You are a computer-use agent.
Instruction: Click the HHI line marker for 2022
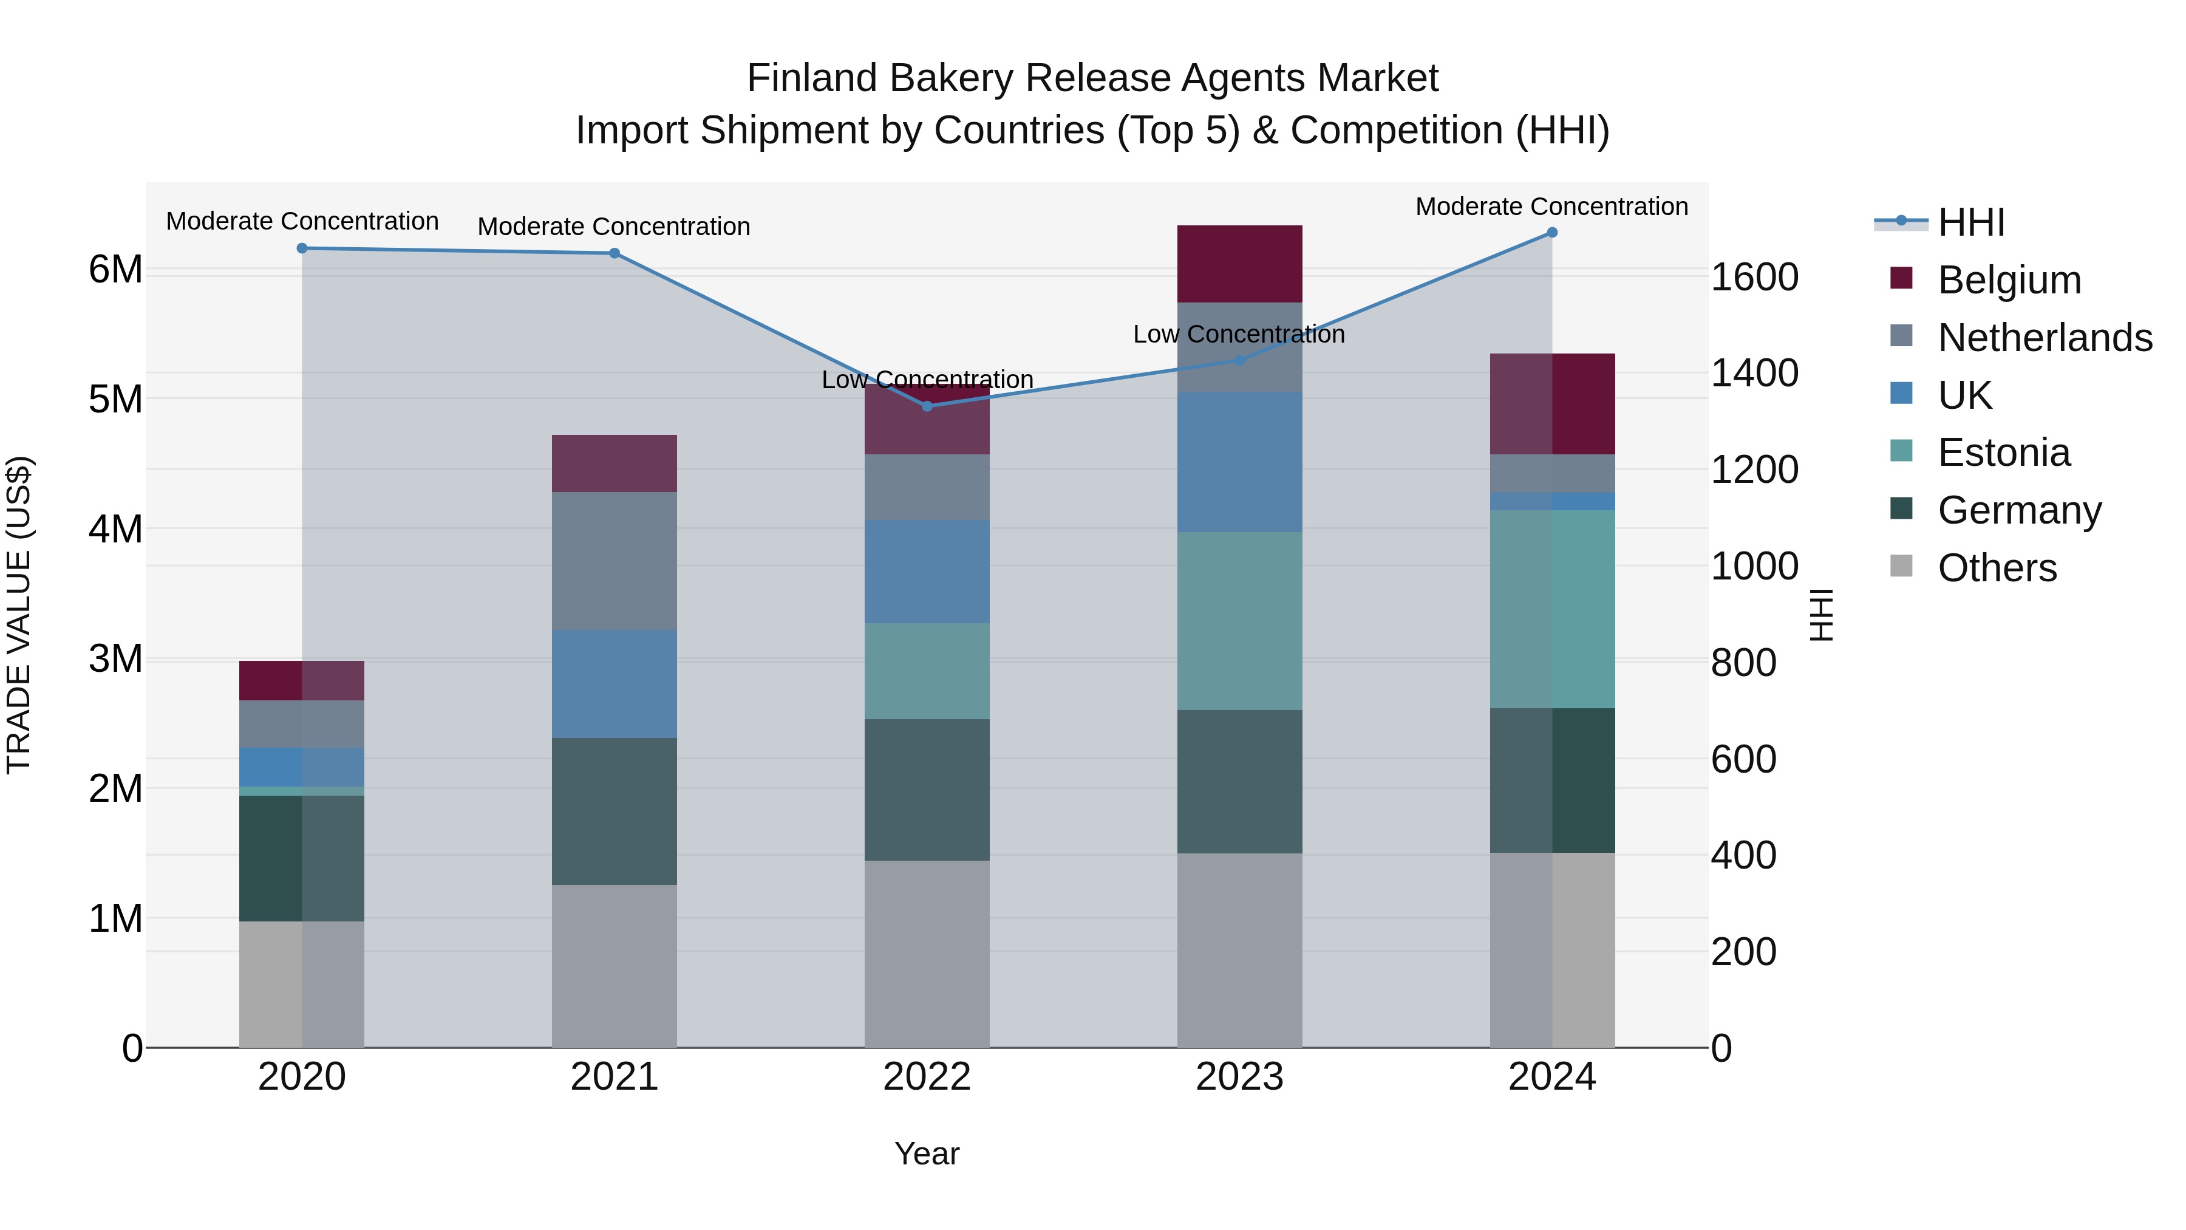(927, 406)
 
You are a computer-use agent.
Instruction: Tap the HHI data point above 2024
(1552, 233)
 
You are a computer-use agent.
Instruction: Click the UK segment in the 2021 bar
(615, 683)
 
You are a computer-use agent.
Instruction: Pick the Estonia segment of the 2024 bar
(1552, 609)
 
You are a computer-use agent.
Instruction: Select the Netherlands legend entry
(2045, 337)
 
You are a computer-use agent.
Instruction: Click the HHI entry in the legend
(1970, 222)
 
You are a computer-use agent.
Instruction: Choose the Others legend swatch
(1902, 566)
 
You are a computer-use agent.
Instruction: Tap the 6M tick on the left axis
(115, 270)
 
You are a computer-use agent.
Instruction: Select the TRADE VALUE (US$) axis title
(19, 615)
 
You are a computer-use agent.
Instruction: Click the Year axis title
(927, 1153)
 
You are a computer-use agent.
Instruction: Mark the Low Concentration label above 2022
(927, 380)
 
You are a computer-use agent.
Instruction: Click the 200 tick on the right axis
(1743, 952)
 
